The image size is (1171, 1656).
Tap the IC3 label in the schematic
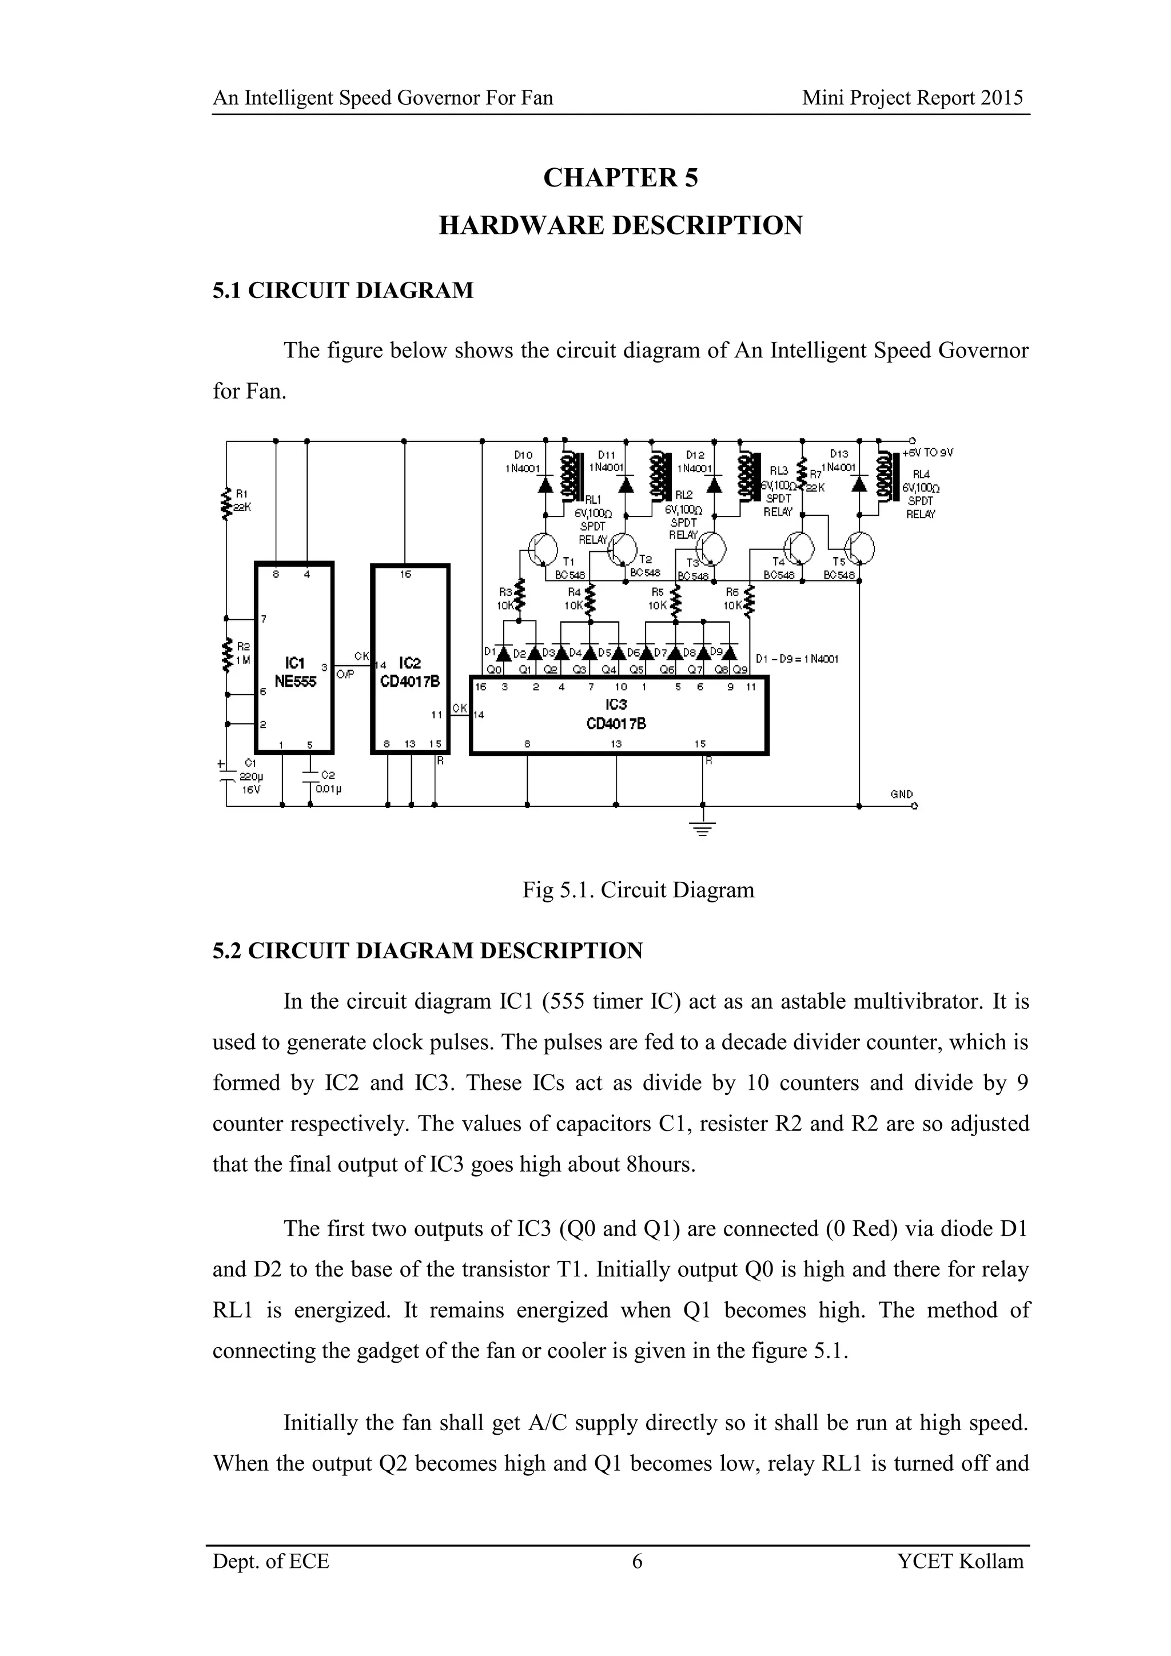click(x=616, y=704)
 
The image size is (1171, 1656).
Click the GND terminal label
click(x=901, y=794)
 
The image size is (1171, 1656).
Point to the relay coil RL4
click(x=884, y=476)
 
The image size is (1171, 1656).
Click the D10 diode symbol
click(x=546, y=485)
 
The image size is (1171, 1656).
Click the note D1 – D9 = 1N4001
click(x=796, y=659)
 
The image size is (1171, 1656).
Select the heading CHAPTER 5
click(x=620, y=177)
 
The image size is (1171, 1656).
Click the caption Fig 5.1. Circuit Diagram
click(x=638, y=890)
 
